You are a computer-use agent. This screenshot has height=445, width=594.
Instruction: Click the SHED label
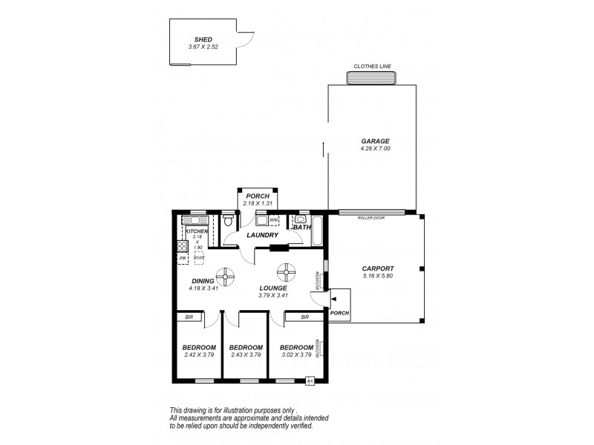(203, 40)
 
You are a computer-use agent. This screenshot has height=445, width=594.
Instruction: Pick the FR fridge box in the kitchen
(182, 258)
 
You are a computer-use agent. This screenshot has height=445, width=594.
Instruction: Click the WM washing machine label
(273, 220)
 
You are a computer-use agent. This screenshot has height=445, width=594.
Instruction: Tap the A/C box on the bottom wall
(310, 381)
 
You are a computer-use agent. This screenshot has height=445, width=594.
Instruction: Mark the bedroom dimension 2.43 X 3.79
(246, 355)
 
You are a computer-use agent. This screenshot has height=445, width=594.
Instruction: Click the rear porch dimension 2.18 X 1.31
(258, 203)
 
